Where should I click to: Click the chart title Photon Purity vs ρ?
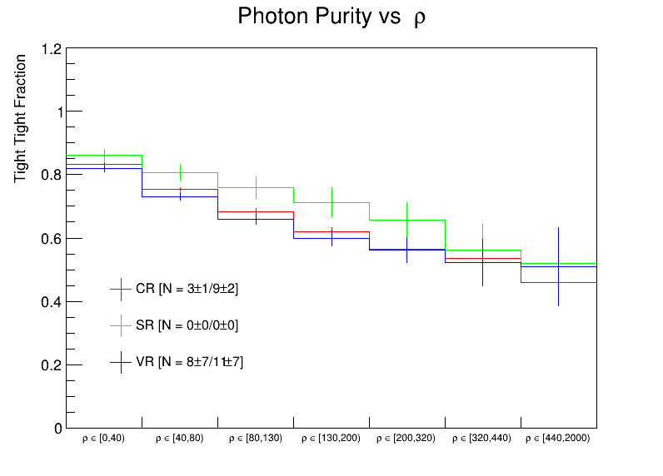(331, 17)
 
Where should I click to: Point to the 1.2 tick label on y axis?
(52, 49)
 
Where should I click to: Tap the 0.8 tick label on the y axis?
(52, 176)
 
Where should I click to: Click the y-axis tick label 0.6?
(52, 239)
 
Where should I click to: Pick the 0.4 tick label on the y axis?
(52, 302)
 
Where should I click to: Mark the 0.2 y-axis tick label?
(52, 365)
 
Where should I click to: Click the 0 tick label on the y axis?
(57, 429)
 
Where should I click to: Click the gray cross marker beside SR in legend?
(122, 325)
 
